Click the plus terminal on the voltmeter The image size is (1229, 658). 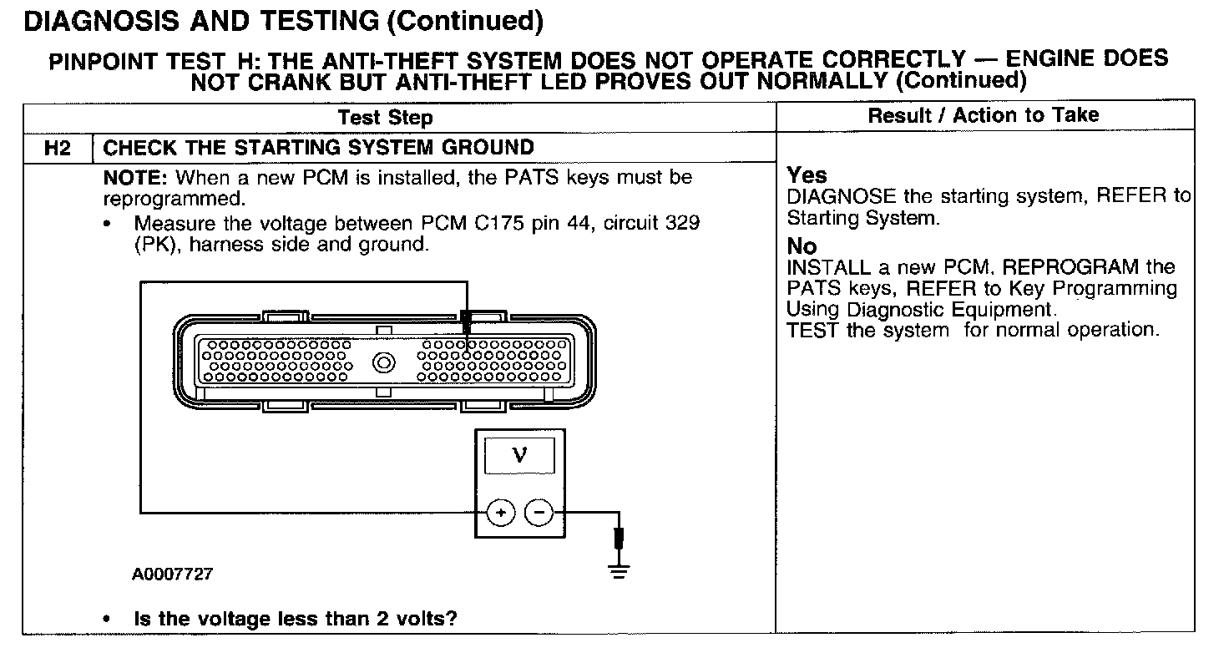click(x=500, y=513)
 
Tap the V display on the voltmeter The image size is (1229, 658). click(x=519, y=456)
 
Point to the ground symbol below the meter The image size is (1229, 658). click(x=619, y=571)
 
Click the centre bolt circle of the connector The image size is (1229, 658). click(x=384, y=362)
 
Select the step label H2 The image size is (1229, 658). click(x=58, y=148)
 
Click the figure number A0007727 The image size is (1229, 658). click(x=172, y=574)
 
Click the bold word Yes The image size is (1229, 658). click(x=807, y=175)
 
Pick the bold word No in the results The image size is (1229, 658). click(x=802, y=246)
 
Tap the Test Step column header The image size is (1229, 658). click(x=385, y=118)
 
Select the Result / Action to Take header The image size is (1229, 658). click(x=984, y=115)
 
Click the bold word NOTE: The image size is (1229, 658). click(x=137, y=178)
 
